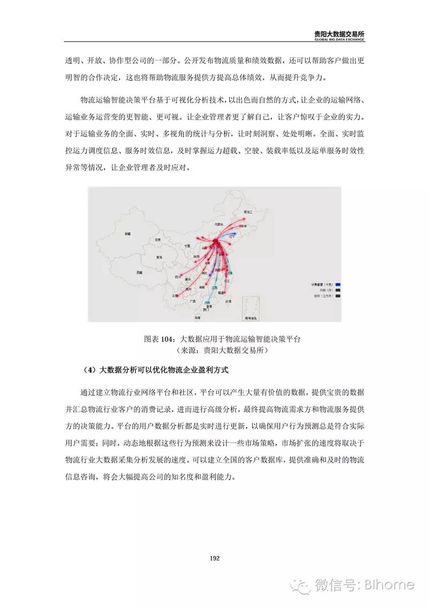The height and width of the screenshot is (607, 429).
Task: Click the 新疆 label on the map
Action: coord(127,234)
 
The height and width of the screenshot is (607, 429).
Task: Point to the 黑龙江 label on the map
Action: coord(247,212)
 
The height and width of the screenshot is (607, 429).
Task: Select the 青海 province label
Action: coord(159,257)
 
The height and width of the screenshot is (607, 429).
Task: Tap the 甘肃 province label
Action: coord(158,239)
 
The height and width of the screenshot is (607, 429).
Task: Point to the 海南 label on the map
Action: coord(198,318)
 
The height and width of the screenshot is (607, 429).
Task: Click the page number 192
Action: coord(214,558)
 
